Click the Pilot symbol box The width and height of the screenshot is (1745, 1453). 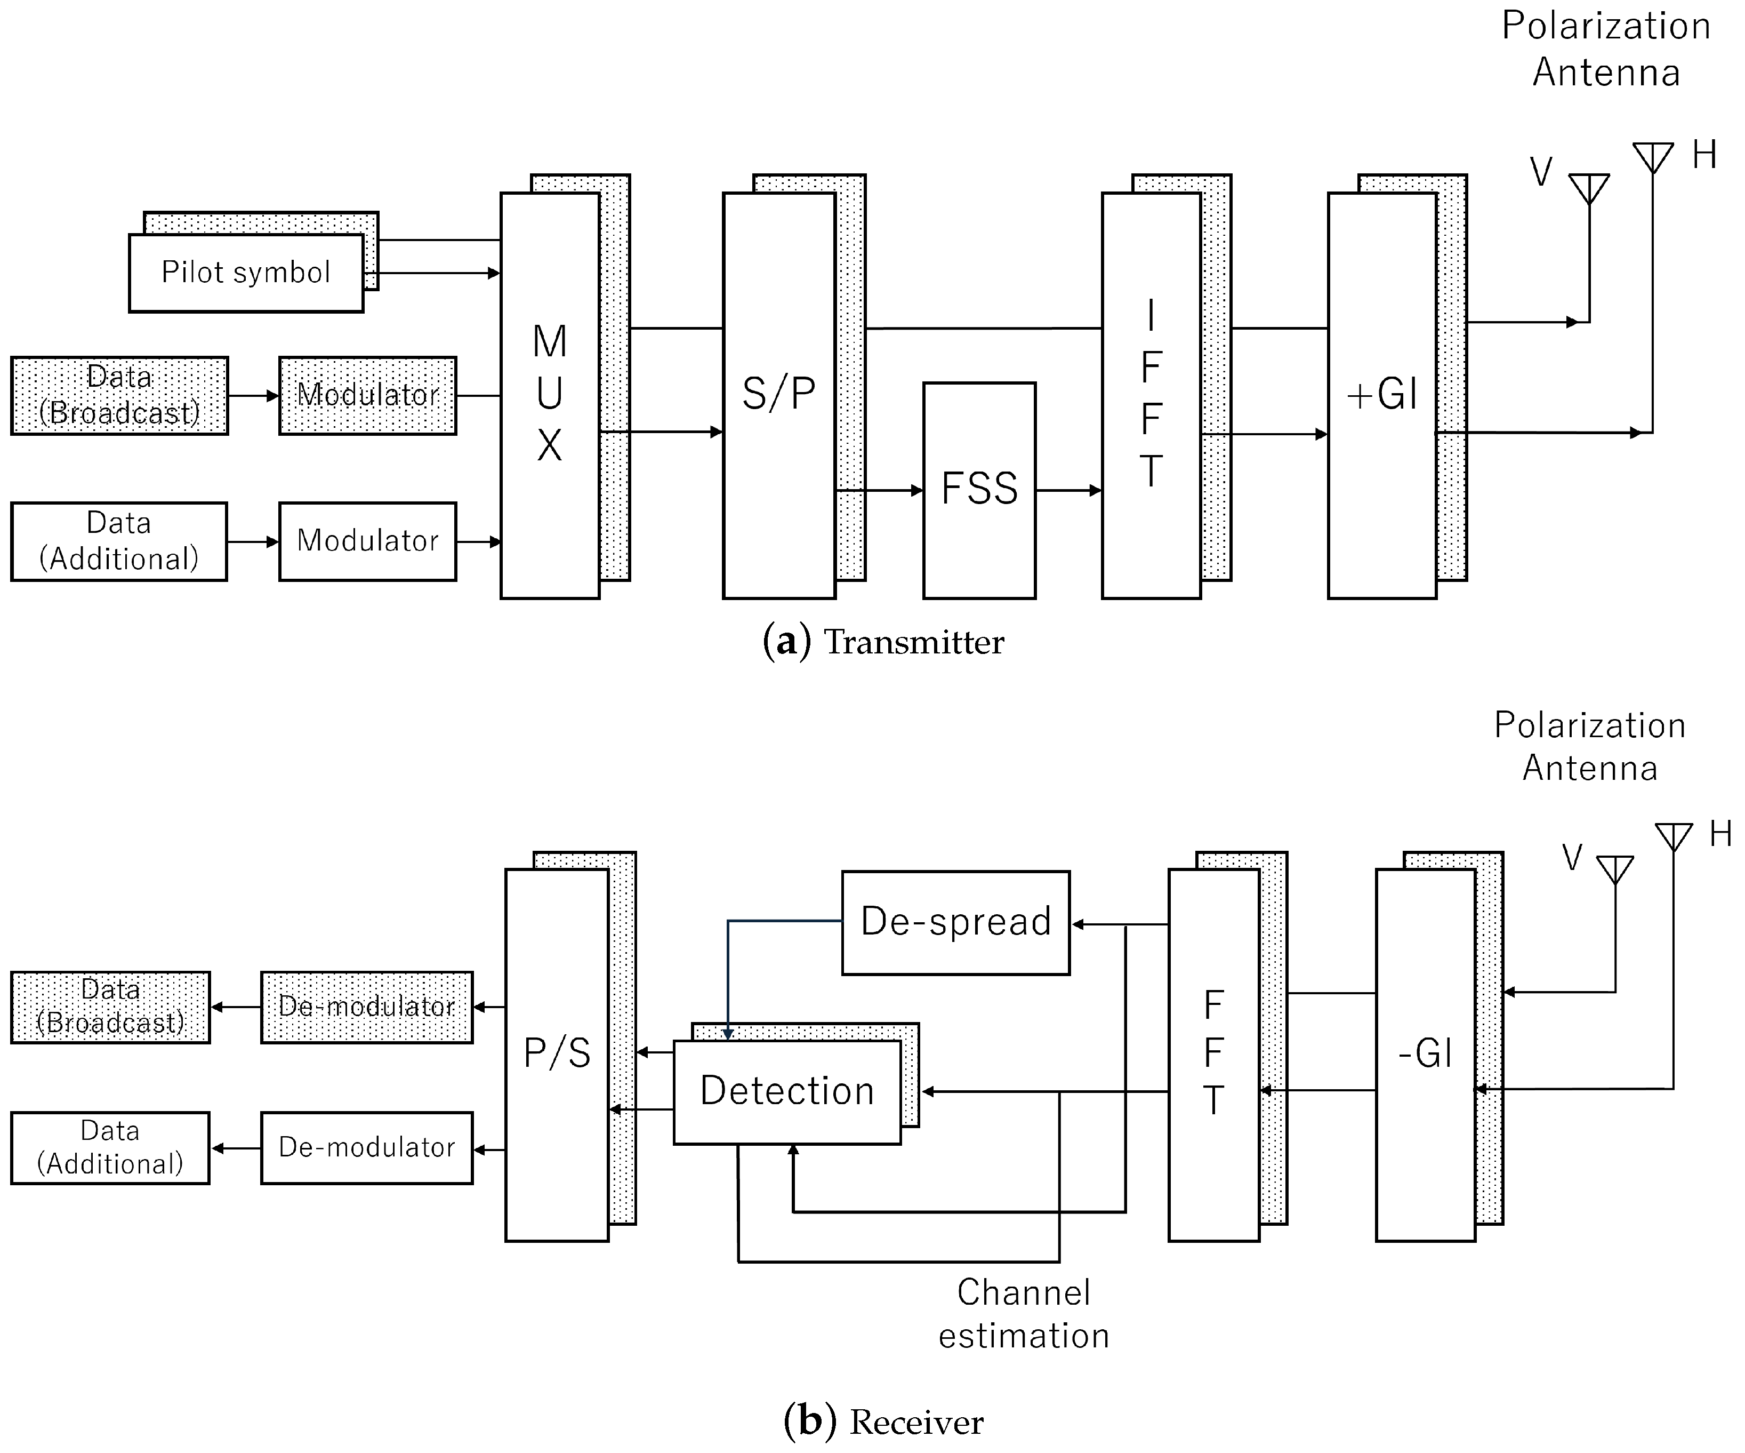tap(246, 273)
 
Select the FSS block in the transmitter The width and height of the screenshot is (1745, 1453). tap(979, 490)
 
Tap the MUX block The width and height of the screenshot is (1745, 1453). tap(549, 395)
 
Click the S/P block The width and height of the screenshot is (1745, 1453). tap(778, 395)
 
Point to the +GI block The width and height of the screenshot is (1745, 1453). tap(1382, 395)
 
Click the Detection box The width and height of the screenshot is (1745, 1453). tap(787, 1091)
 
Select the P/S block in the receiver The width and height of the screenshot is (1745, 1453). tap(557, 1054)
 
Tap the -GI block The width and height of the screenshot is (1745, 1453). tap(1425, 1054)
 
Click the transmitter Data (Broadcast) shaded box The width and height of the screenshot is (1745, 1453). tap(119, 396)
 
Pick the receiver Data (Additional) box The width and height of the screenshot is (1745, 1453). tap(110, 1148)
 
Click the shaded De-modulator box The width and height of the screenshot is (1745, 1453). tap(366, 1007)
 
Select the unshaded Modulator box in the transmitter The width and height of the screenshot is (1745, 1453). tap(367, 541)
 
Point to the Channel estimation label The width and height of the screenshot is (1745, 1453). tap(1024, 1314)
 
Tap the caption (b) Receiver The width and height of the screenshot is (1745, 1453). tap(883, 1422)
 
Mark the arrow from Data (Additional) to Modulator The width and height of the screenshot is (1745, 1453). tap(253, 542)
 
